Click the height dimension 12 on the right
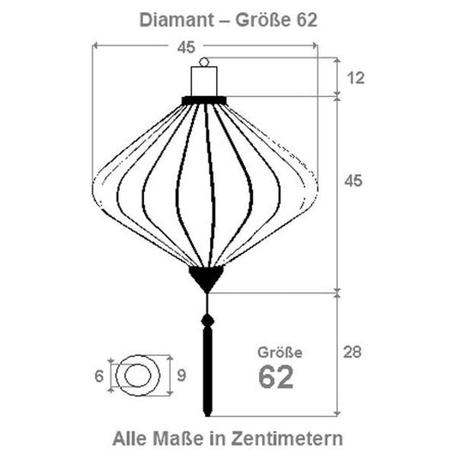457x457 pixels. (357, 78)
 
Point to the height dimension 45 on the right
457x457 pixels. (353, 181)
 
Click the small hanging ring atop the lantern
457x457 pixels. (205, 62)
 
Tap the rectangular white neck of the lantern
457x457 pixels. (205, 81)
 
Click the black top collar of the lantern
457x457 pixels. (204, 100)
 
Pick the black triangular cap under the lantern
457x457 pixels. (206, 277)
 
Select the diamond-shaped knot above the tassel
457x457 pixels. (206, 322)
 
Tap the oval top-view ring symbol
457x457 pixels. (137, 376)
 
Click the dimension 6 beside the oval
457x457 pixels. (99, 376)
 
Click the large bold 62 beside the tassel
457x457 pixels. (276, 377)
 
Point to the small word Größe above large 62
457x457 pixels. (280, 352)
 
